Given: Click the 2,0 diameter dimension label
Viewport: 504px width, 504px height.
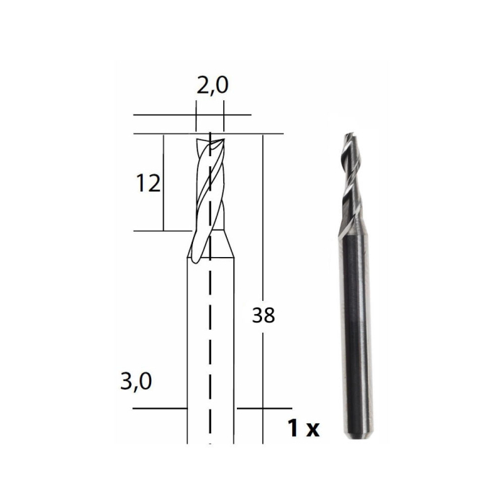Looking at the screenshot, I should point(212,86).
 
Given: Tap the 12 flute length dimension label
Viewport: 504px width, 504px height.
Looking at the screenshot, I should point(148,184).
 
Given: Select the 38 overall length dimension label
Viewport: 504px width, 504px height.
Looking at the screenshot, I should point(264,315).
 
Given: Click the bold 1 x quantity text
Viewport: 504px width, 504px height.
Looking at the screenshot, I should point(302,430).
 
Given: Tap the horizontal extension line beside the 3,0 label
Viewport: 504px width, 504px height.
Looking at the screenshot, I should point(158,408).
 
